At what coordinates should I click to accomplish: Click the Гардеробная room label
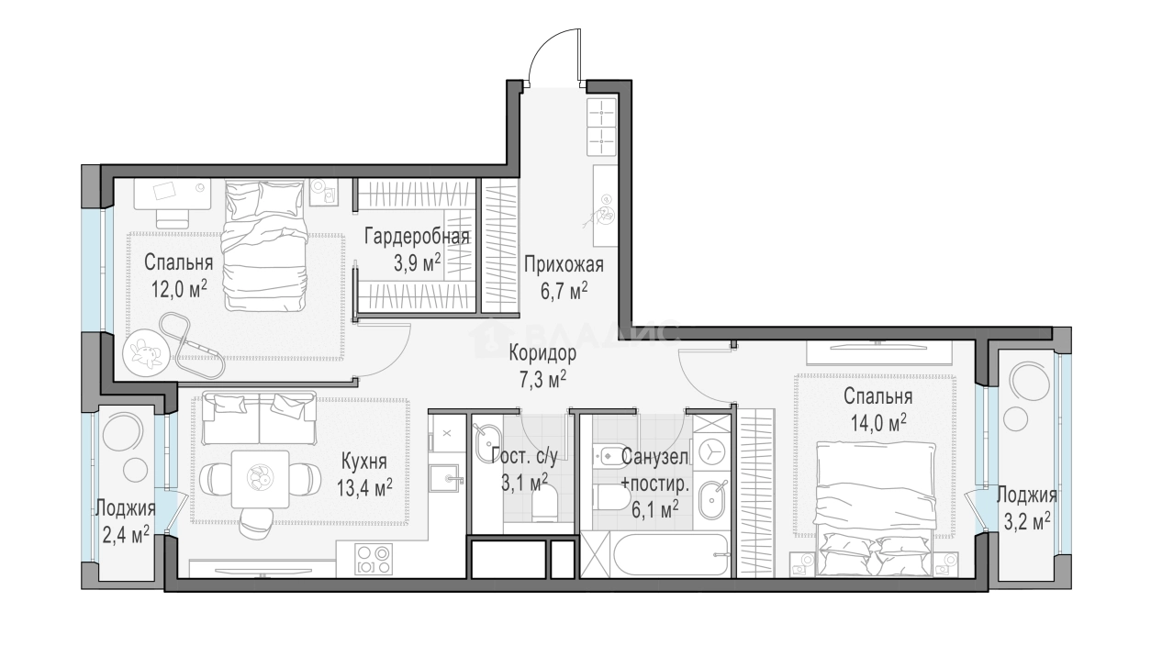(x=417, y=237)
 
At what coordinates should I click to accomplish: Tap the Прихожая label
(x=564, y=266)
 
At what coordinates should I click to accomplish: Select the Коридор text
(x=543, y=353)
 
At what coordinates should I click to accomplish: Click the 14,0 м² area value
(x=877, y=421)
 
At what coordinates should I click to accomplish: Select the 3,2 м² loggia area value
(x=1027, y=521)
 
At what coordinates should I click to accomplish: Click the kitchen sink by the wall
(x=447, y=476)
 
